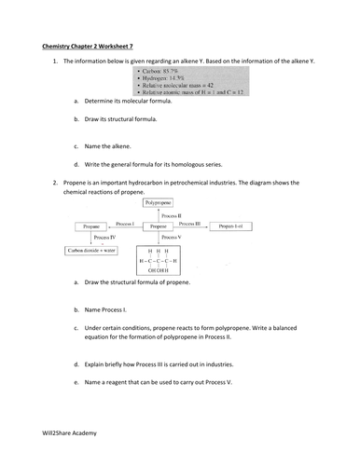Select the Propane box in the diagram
point(90,226)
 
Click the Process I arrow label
point(125,223)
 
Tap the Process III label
point(190,223)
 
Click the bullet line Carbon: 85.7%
point(161,69)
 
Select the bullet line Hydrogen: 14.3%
point(164,76)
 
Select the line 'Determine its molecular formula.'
point(132,102)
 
